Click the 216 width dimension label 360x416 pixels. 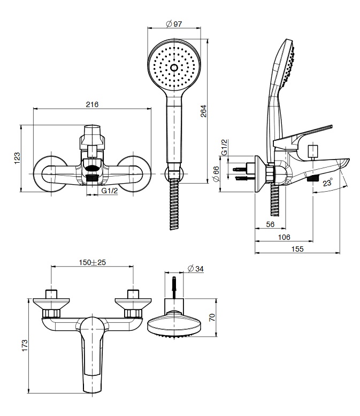coord(92,104)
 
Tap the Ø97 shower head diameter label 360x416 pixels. coord(174,24)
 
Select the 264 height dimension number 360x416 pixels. coord(203,111)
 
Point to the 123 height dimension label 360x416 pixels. coord(17,158)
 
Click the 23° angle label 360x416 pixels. coord(328,183)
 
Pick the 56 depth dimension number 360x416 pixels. coord(270,224)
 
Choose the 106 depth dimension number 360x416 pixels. coord(284,237)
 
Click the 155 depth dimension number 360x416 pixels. coord(297,249)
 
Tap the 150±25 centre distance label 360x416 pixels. coord(92,262)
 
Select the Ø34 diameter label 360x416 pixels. coord(195,269)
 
